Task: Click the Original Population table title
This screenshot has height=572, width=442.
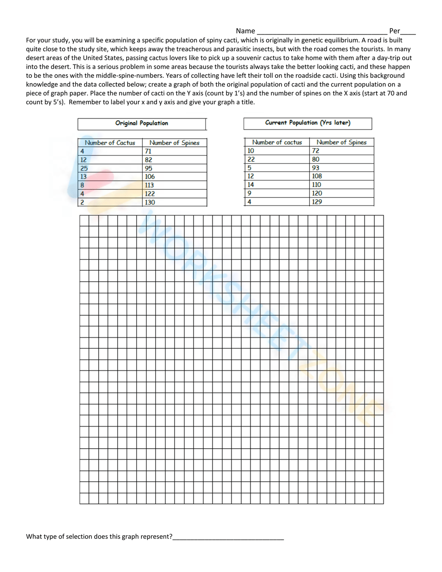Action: (x=141, y=123)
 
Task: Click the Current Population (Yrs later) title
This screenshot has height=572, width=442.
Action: (x=308, y=123)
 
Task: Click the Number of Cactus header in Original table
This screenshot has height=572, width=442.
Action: (x=110, y=143)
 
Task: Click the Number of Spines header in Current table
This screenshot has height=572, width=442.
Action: (x=342, y=142)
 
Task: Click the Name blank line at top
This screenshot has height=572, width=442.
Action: (x=322, y=31)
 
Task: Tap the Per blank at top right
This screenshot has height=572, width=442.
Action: (x=408, y=31)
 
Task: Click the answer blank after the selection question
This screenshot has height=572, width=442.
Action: (x=228, y=537)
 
